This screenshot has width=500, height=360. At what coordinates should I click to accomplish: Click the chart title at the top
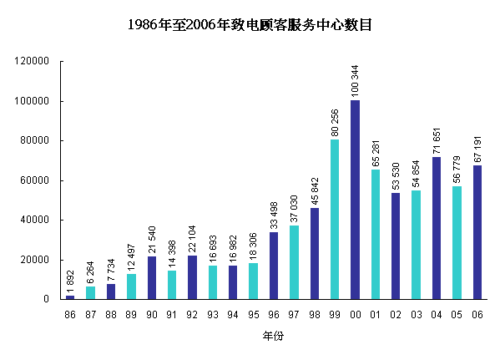pos(250,25)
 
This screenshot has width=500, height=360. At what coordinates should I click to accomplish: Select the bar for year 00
pos(355,200)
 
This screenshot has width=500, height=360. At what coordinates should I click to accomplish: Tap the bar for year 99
pos(335,219)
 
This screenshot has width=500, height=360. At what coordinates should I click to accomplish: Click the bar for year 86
pos(70,297)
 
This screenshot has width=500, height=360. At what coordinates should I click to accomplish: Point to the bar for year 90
pos(151,277)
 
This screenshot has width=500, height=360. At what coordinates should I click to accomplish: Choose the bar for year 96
pos(274,266)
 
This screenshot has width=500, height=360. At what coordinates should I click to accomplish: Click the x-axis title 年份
pos(273,335)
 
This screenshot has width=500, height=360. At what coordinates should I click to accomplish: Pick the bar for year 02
pos(396,246)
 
